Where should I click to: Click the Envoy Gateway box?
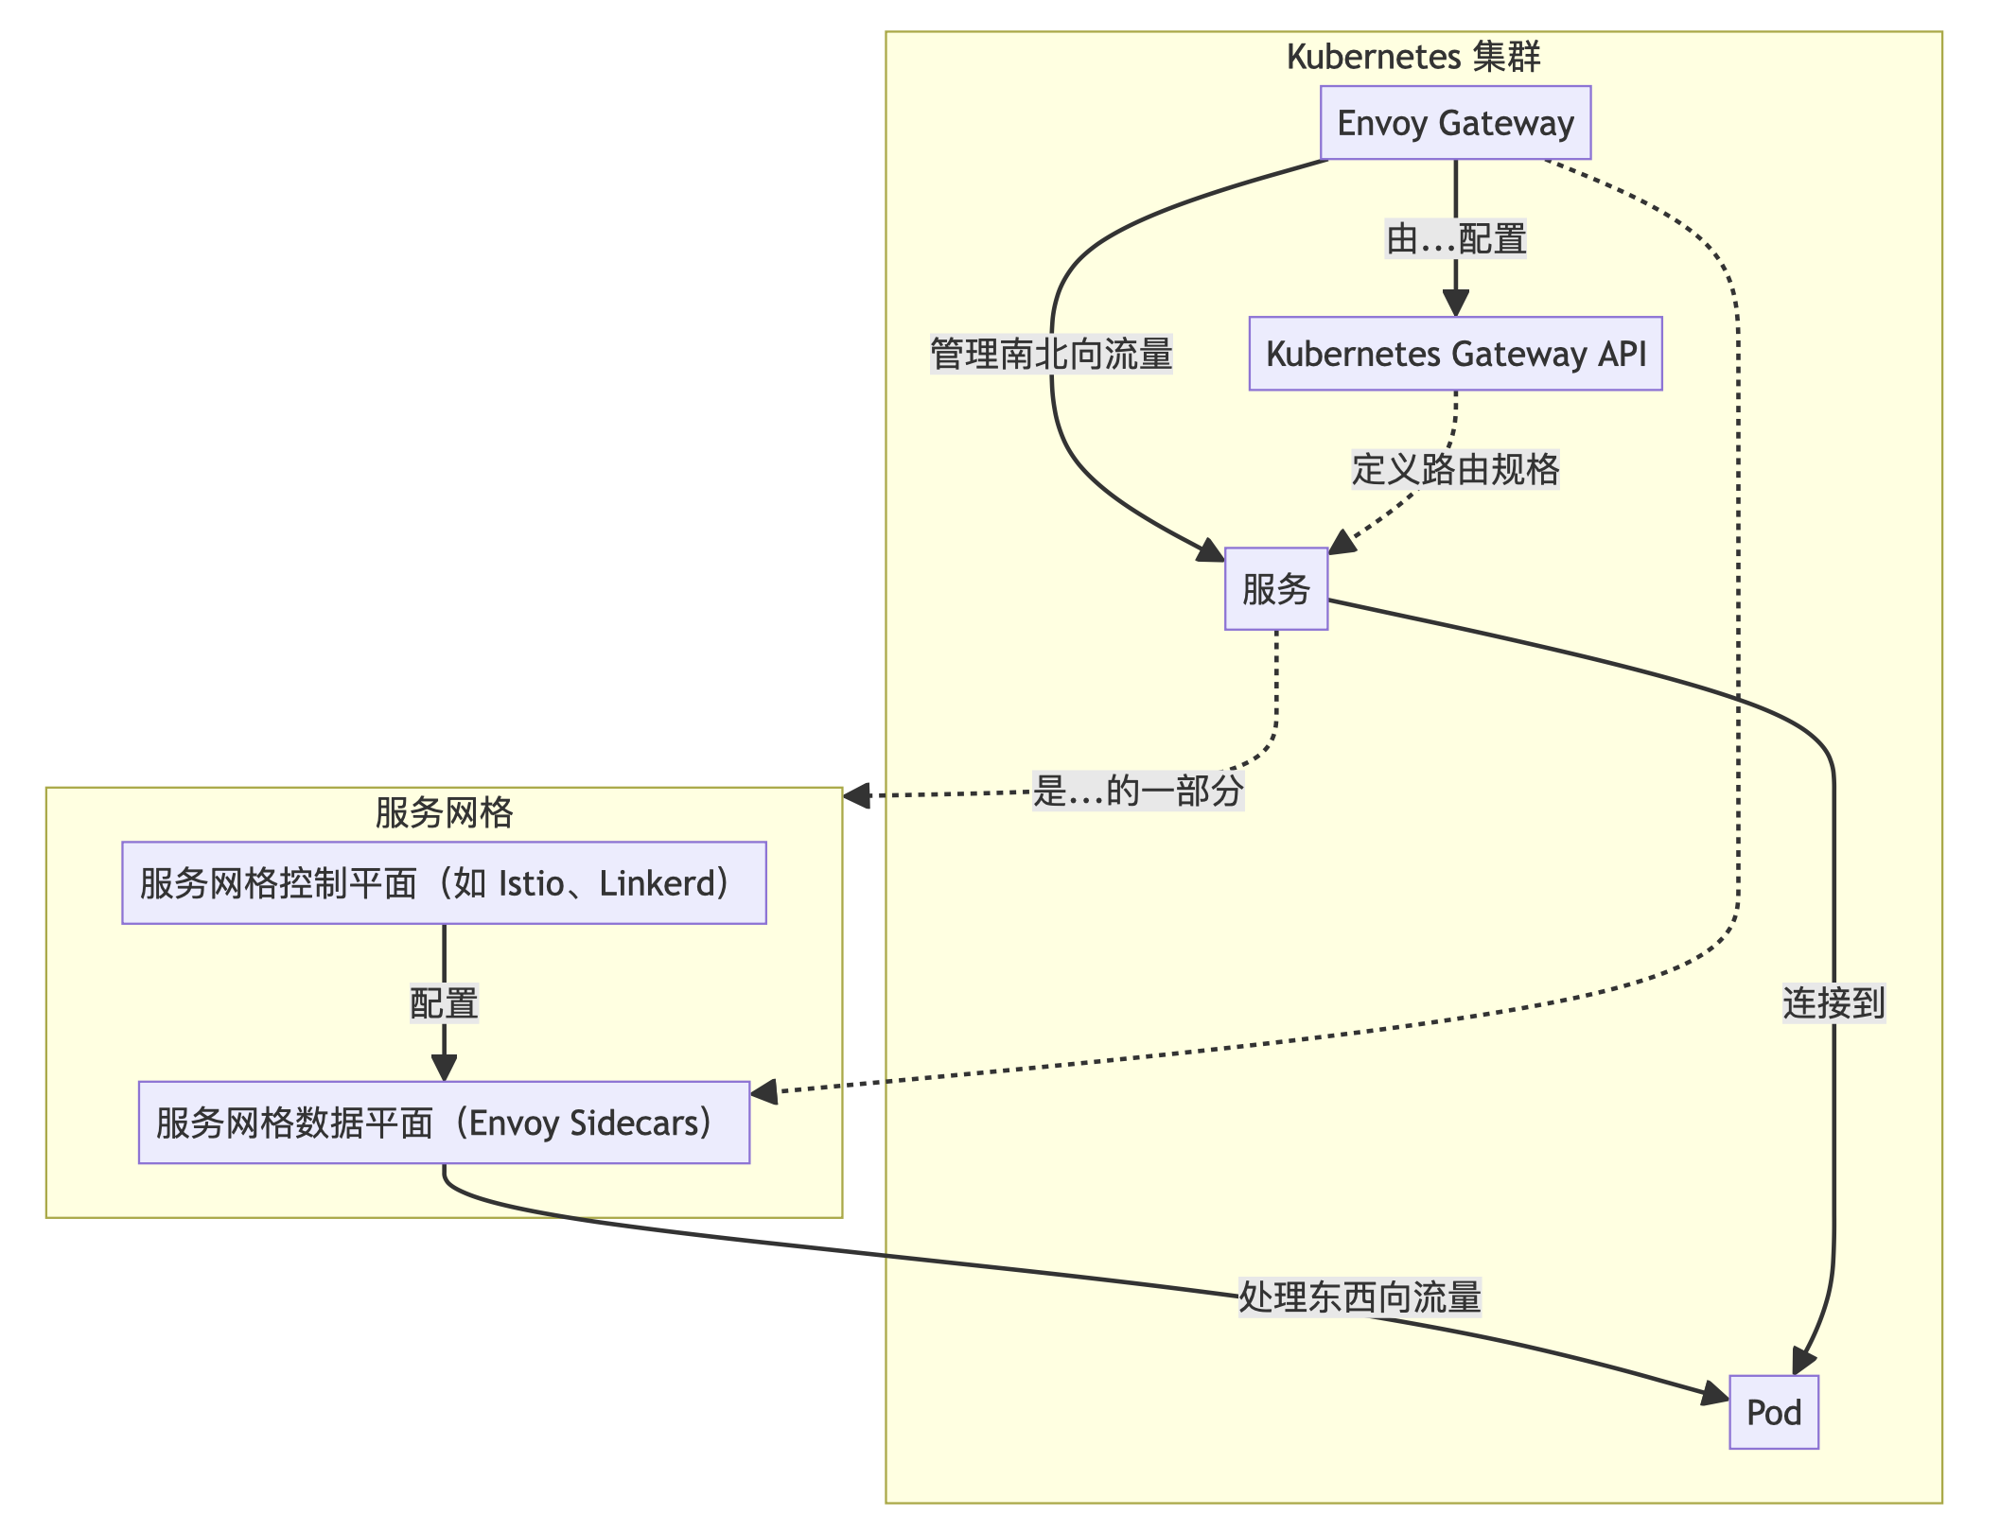pos(1454,123)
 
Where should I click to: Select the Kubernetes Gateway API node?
pos(1454,354)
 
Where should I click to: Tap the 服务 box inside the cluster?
pos(1275,589)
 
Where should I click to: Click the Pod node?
pos(1773,1413)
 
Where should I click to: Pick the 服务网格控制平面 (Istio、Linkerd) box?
pos(443,883)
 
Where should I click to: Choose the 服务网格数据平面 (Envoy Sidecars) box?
pos(443,1123)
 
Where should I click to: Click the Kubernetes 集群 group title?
pos(1412,57)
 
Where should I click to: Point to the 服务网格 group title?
pos(443,812)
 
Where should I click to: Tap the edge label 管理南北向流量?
pos(1050,355)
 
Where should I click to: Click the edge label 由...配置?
pos(1455,238)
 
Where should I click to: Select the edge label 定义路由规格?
pos(1454,469)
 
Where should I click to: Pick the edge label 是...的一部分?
pos(1137,791)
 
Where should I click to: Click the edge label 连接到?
pos(1833,1003)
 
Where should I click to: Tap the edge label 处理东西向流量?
pos(1359,1297)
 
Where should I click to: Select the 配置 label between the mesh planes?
pos(443,1003)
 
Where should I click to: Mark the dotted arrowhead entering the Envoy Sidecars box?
pos(763,1093)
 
